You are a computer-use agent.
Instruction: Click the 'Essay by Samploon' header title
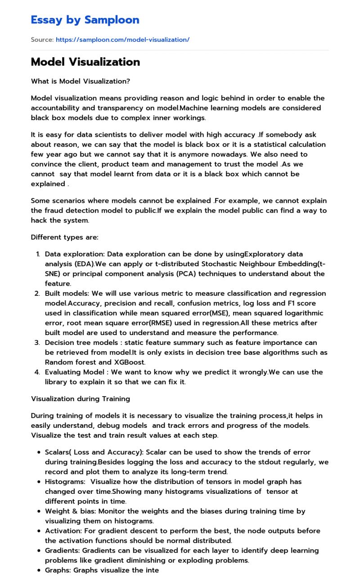85,20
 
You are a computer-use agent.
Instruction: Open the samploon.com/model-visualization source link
122,40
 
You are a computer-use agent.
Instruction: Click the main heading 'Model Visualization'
85,62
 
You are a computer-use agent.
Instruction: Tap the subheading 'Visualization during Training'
80,398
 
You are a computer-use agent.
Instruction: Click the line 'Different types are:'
64,237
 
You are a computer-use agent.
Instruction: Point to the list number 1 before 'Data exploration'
38,254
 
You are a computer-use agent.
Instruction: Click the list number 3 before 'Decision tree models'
38,343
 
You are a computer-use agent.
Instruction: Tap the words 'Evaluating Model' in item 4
72,372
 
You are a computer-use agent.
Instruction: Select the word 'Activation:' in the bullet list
63,531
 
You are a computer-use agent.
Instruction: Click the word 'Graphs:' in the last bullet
58,570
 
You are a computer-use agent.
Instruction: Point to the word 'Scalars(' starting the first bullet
58,452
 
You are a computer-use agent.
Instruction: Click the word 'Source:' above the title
42,40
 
